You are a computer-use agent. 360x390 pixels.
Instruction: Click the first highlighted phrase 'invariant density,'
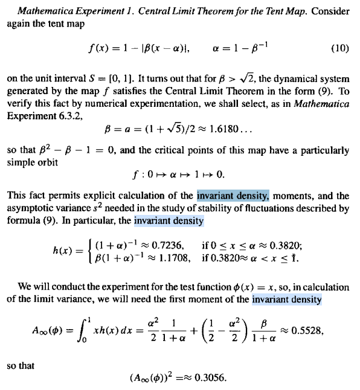tap(233, 196)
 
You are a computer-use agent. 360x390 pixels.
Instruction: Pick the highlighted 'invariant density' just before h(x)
tap(169, 222)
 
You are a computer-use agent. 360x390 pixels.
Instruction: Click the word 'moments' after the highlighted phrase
tap(294, 196)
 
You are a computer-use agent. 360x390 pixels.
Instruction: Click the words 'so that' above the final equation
tap(21, 365)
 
